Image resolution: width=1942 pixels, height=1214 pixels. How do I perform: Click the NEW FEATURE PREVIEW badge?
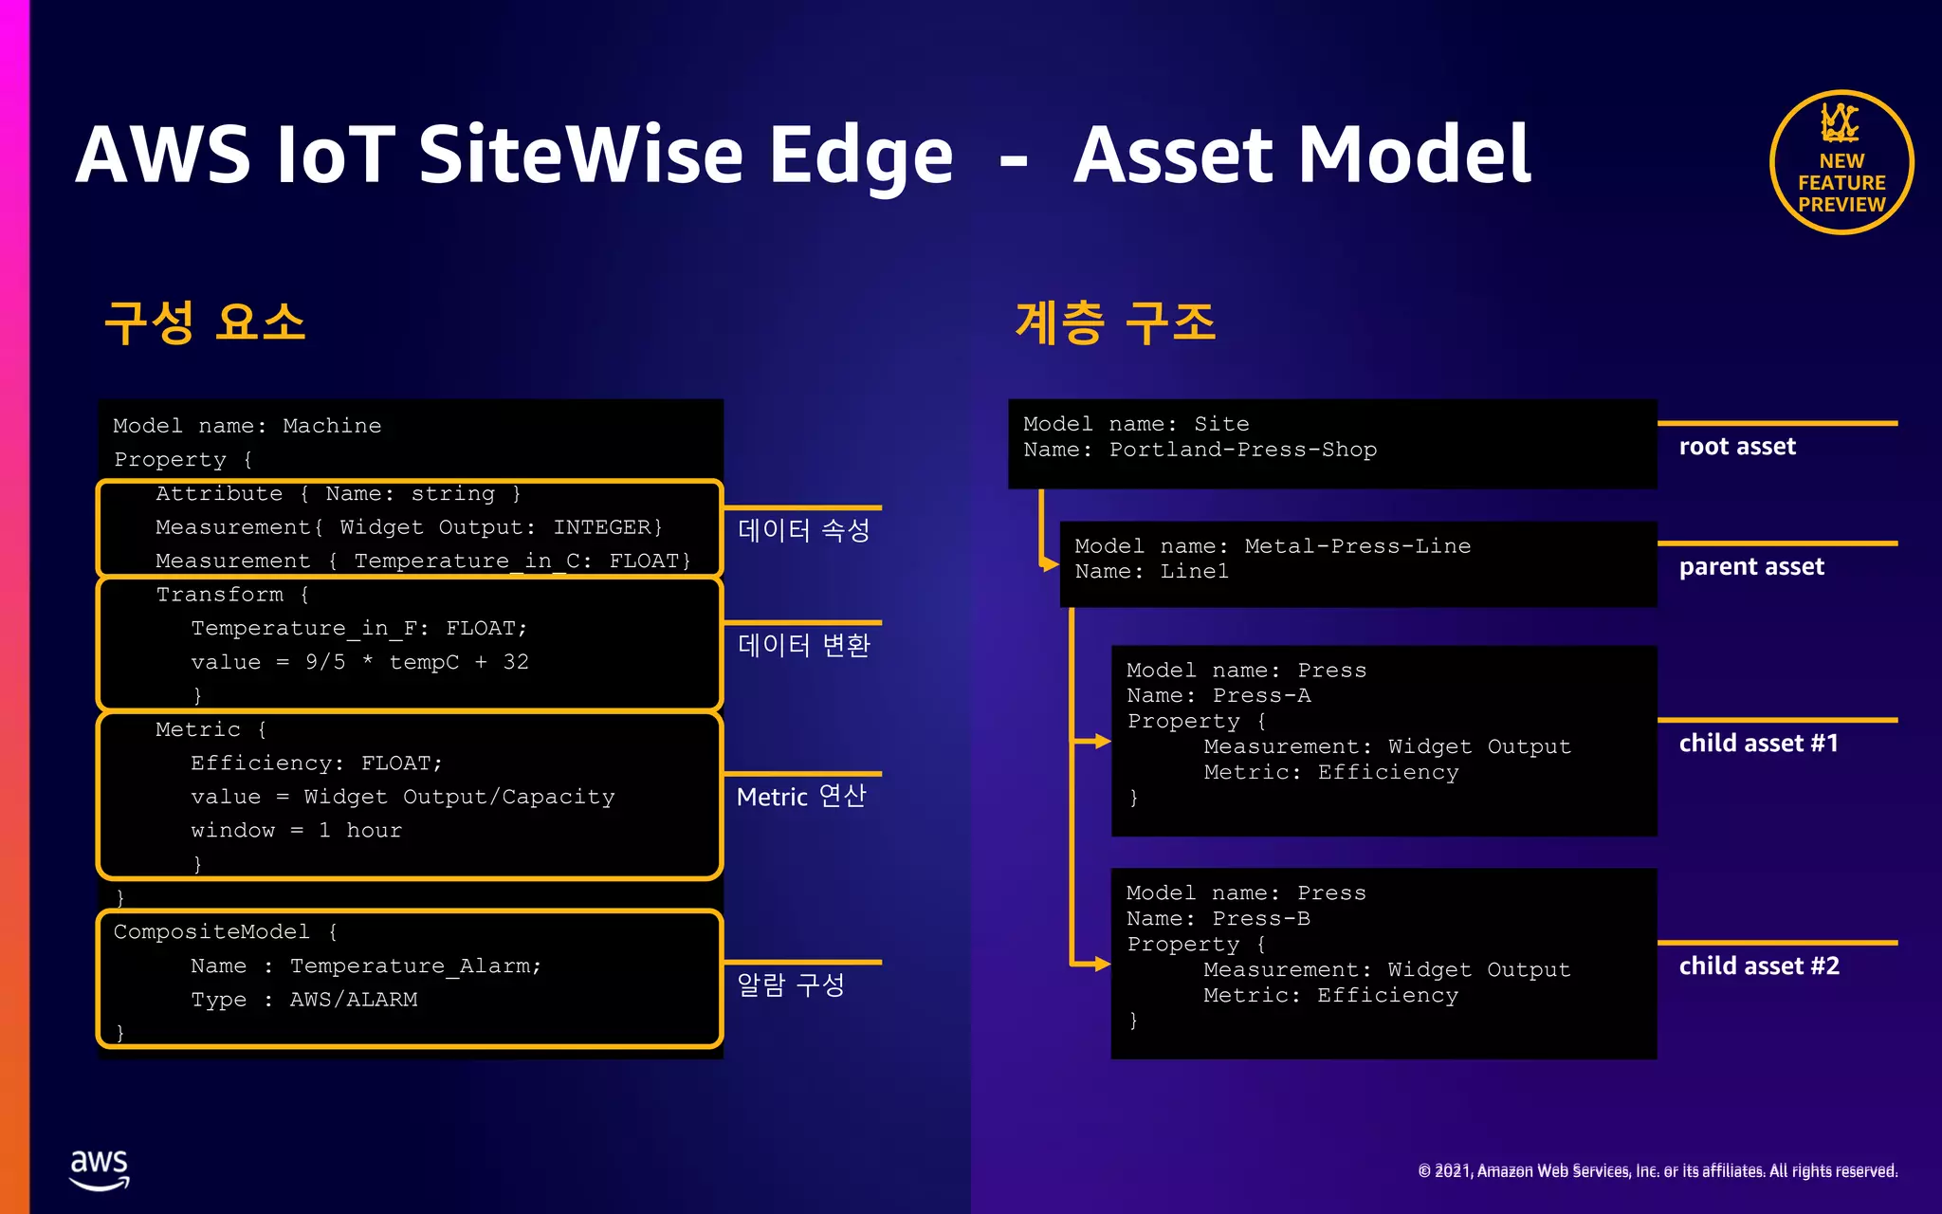click(1841, 163)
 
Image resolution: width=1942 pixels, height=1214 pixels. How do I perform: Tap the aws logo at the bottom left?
click(99, 1169)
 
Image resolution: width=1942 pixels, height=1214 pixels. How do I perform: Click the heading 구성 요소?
click(205, 322)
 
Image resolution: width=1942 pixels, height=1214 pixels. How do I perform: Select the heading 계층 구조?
click(1115, 322)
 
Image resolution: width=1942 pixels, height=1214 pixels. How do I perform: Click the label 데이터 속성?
click(803, 530)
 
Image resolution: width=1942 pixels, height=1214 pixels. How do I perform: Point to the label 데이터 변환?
click(803, 646)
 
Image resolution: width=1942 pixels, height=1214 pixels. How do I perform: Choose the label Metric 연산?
click(801, 796)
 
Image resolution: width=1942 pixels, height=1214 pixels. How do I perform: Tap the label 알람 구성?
click(791, 984)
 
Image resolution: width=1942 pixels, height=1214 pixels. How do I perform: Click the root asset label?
click(1736, 447)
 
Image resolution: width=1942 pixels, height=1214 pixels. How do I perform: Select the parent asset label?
click(1750, 567)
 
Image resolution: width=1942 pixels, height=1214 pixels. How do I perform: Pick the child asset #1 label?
click(1758, 744)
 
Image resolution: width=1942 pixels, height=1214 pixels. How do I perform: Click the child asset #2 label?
click(1758, 966)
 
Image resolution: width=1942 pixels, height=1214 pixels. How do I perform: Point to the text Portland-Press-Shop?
click(1242, 450)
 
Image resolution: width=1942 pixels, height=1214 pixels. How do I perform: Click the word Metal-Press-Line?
click(1357, 546)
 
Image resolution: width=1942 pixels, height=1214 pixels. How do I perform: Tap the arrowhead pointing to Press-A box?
click(1101, 741)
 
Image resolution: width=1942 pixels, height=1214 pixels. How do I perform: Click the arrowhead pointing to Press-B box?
click(1101, 964)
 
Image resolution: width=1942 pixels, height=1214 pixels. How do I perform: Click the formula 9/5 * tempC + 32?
click(416, 662)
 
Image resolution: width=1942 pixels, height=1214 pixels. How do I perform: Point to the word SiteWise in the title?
click(580, 155)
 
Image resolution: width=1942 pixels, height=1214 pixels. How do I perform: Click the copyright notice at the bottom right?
click(1657, 1171)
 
